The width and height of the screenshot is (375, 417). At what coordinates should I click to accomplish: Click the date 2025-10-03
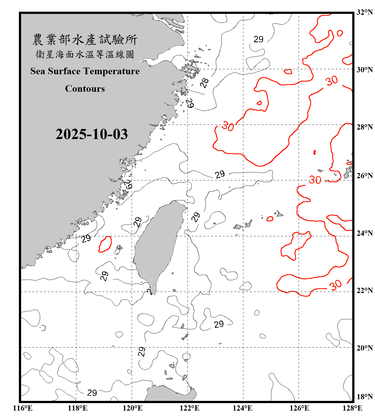(92, 134)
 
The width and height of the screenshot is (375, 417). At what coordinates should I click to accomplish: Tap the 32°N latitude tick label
(364, 12)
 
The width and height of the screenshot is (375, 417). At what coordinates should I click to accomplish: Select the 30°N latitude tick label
(364, 70)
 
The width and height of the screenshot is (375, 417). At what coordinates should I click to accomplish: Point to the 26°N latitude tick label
(364, 176)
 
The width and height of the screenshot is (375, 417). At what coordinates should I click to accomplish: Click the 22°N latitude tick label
(364, 291)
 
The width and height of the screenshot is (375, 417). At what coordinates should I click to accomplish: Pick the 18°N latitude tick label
(364, 397)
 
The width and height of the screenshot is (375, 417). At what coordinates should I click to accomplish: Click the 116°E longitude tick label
(23, 408)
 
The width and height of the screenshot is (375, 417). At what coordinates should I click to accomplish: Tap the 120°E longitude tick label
(132, 408)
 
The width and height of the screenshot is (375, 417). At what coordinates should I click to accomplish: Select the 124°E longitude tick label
(242, 408)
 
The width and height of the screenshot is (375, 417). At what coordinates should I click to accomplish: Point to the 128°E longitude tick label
(352, 408)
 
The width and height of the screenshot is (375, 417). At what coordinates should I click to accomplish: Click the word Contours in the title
(85, 89)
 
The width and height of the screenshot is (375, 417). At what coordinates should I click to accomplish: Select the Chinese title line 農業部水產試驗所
(85, 40)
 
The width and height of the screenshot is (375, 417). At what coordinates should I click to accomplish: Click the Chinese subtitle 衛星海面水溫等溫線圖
(85, 54)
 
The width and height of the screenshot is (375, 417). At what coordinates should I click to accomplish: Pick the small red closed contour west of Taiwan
(105, 244)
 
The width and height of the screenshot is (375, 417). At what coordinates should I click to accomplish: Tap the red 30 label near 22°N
(335, 285)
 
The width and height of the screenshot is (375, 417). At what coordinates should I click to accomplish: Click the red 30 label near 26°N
(315, 180)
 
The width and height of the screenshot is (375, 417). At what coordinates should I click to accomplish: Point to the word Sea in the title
(38, 71)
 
